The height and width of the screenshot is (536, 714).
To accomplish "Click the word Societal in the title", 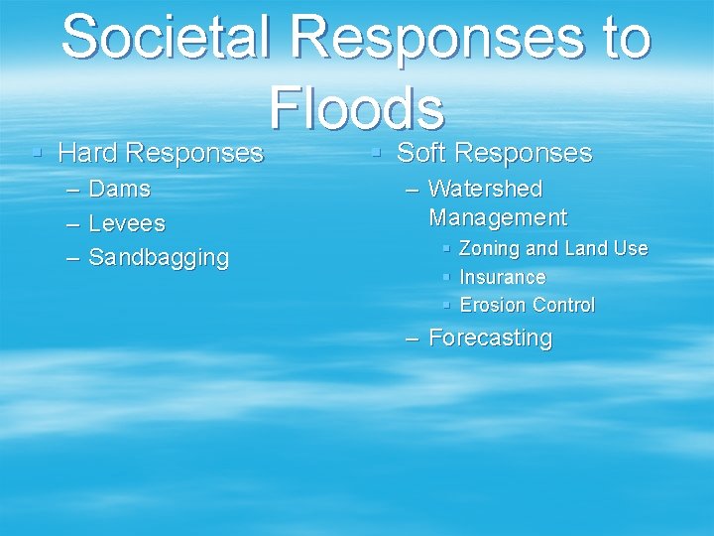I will [169, 37].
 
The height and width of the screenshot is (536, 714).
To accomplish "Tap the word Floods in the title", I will [356, 107].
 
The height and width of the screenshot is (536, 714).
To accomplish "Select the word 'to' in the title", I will [618, 37].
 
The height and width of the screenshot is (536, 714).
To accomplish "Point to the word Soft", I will [420, 153].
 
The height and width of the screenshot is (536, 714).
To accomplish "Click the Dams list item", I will [120, 189].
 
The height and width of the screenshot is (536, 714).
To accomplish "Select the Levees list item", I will [127, 223].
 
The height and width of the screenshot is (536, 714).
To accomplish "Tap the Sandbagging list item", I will [159, 258].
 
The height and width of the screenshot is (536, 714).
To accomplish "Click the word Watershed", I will [485, 189].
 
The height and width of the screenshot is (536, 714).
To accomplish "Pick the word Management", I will [498, 217].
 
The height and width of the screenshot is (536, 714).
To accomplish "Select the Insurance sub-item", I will [503, 277].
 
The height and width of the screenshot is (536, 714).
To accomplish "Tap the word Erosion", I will [493, 305].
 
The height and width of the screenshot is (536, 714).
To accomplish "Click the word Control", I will [563, 305].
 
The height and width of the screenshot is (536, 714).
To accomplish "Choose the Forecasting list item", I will [490, 337].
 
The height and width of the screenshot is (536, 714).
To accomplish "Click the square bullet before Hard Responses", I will [37, 154].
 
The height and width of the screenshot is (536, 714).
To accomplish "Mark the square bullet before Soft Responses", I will [376, 154].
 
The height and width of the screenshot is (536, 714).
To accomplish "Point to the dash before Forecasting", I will [413, 338].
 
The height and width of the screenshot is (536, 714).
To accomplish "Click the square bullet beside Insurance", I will [447, 277].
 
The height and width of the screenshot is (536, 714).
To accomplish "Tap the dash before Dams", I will [72, 190].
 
